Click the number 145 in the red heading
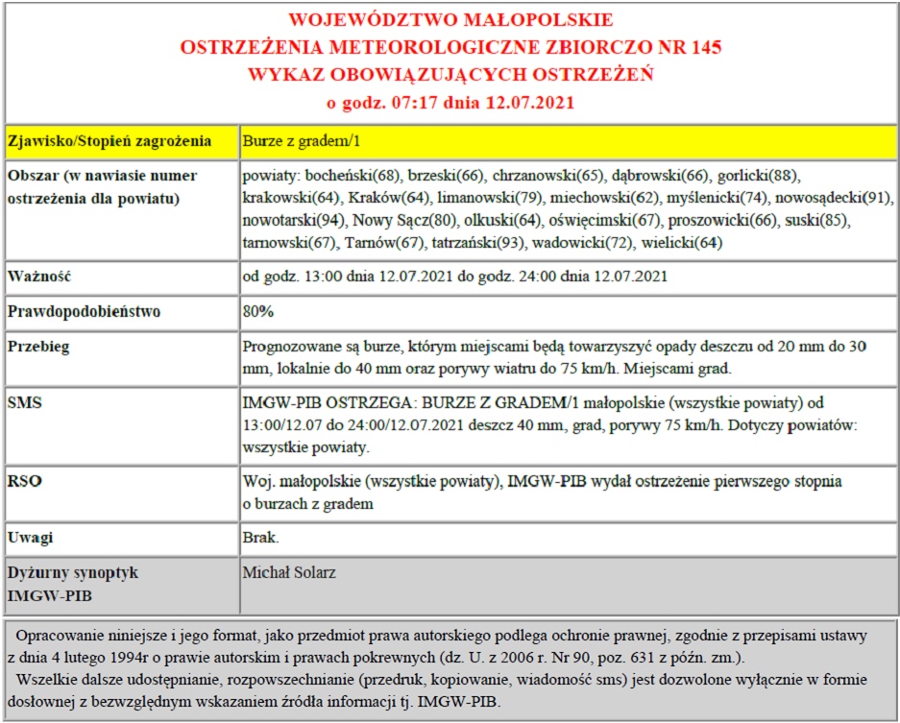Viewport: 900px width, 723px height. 700,46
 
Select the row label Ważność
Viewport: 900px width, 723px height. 39,277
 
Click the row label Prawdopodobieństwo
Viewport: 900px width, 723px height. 84,312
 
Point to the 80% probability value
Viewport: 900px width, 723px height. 258,312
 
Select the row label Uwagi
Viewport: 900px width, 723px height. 30,537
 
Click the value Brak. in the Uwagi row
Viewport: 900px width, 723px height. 261,537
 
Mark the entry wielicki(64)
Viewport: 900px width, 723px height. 682,243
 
